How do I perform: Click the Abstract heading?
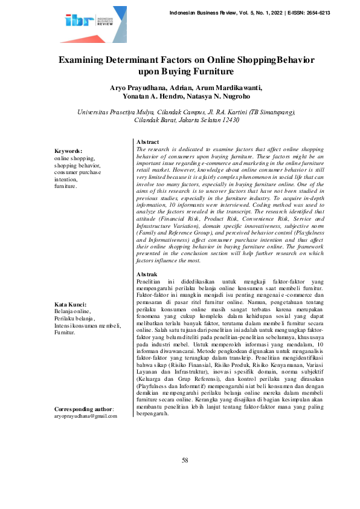[x=148, y=141]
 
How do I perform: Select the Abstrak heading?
[x=147, y=274]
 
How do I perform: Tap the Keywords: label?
[x=68, y=151]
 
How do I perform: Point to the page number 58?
[x=185, y=478]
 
